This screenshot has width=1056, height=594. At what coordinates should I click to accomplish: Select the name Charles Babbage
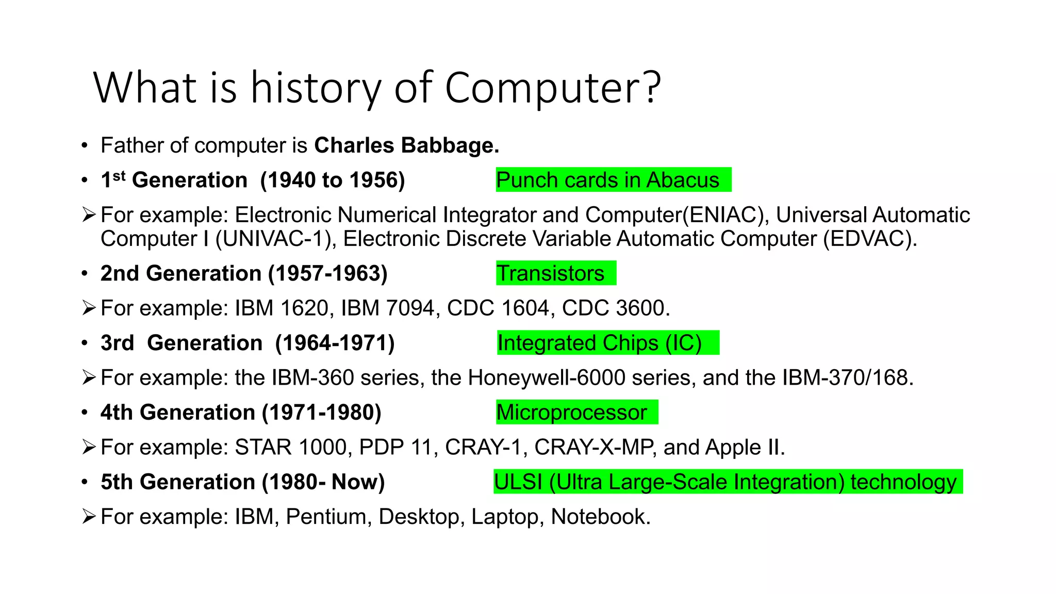pos(406,145)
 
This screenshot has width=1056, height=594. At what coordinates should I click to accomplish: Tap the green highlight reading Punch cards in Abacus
pos(613,180)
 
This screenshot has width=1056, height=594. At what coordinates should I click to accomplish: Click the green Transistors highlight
pos(555,273)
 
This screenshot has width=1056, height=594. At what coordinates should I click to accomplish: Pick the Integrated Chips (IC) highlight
pos(607,343)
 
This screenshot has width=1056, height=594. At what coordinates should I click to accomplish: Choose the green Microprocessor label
pos(576,412)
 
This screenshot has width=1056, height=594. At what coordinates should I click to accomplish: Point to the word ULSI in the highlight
pos(518,482)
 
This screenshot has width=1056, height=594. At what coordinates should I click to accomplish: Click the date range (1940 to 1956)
pos(333,180)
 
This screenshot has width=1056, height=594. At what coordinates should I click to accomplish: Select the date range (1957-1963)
pos(327,273)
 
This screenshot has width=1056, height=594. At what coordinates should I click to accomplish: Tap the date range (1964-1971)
pos(335,343)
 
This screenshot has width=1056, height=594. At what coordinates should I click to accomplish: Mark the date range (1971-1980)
pos(321,412)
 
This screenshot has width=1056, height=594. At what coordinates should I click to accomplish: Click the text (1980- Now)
pos(323,482)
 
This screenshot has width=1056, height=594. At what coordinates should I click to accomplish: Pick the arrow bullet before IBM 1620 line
pos(89,308)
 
